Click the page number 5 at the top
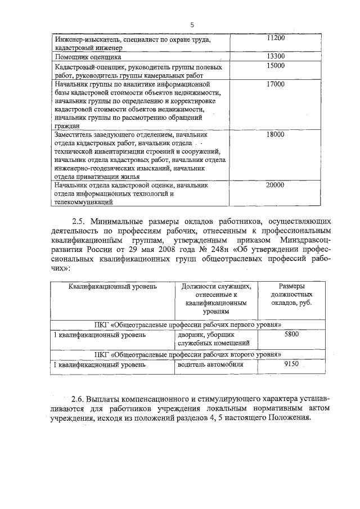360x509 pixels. (x=192, y=25)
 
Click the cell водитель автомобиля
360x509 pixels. (x=210, y=364)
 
